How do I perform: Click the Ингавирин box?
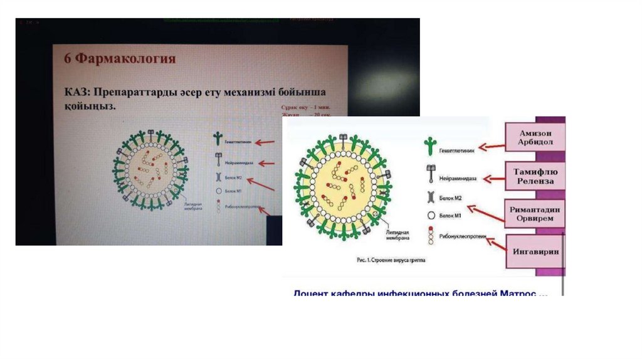click(x=535, y=251)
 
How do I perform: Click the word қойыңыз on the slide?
click(x=88, y=107)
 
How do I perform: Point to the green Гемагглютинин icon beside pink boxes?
click(x=429, y=147)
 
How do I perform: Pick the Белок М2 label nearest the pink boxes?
click(x=451, y=198)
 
